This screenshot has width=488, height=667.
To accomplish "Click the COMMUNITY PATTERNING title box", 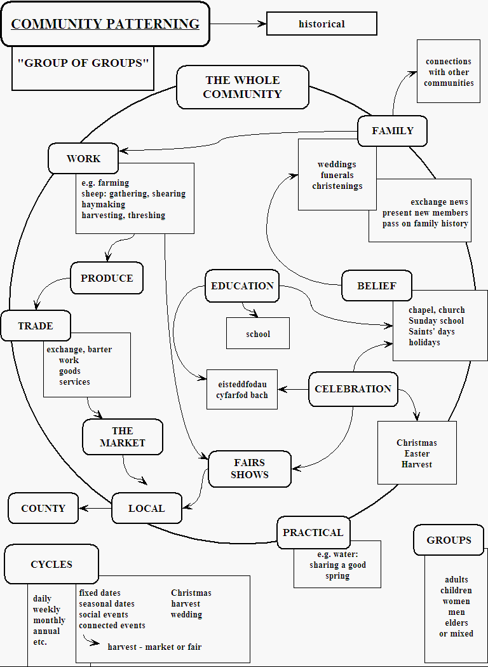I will pos(105,24).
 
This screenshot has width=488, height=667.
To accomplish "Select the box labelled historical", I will pos(322,24).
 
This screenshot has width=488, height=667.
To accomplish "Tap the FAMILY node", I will pos(392,131).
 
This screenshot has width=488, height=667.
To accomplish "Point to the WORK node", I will pos(83,158).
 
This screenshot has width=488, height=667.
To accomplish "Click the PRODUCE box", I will pos(107,278).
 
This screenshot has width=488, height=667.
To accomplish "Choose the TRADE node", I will pos(36,326).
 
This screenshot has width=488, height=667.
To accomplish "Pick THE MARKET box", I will pos(123,437).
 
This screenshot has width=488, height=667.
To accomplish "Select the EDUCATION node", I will pos(242,286).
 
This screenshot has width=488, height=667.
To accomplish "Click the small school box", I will pos(258,334).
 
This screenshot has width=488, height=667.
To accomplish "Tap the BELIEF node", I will pos(376,286).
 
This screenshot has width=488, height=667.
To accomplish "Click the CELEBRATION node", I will pos(353,389).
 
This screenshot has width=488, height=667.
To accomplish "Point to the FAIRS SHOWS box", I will pos(249,469).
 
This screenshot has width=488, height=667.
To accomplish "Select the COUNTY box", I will pos(43,509).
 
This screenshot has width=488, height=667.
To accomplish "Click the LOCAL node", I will pos(147,509).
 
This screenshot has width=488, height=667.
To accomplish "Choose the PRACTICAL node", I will pos(313,533).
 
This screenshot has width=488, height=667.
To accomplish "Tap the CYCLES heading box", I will pos(51,565).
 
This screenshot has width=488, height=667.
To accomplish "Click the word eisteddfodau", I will pos(242,385).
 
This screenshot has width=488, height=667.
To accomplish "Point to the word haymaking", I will pos(104,205).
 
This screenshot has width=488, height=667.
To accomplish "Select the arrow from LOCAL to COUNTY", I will pos(95,508).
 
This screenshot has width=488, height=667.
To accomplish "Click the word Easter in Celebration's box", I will pos(417,454).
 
